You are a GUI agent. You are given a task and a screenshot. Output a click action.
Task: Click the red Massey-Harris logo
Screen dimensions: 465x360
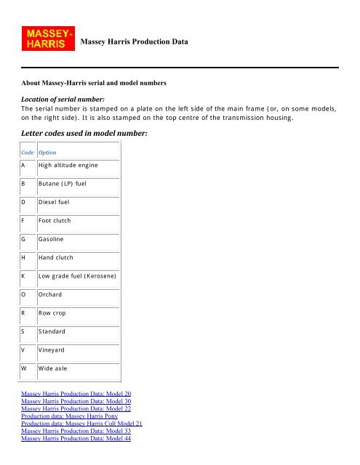click(49, 39)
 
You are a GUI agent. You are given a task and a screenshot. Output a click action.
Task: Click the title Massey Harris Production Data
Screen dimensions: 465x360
click(135, 43)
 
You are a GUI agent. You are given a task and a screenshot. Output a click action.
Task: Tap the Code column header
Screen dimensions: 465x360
click(28, 153)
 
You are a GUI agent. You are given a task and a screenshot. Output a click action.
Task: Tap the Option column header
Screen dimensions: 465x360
click(47, 153)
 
